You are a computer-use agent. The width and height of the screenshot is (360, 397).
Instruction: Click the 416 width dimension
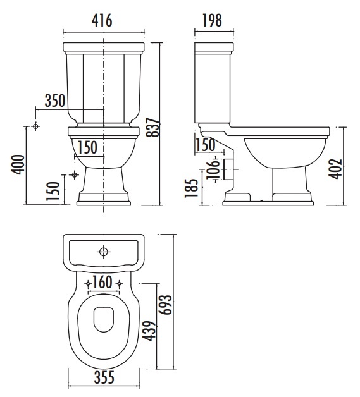click(102, 20)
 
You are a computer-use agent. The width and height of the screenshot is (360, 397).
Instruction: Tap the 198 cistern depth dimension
click(212, 20)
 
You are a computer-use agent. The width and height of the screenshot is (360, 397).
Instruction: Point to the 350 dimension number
click(55, 101)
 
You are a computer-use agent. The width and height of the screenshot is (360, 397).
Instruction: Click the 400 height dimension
click(18, 164)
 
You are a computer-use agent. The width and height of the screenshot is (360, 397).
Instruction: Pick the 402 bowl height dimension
click(335, 169)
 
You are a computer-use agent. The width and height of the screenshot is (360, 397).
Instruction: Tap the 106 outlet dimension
click(213, 169)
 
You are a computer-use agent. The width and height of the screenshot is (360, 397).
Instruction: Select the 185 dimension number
click(191, 188)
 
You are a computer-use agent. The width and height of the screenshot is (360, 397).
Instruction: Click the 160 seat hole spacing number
click(102, 282)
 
